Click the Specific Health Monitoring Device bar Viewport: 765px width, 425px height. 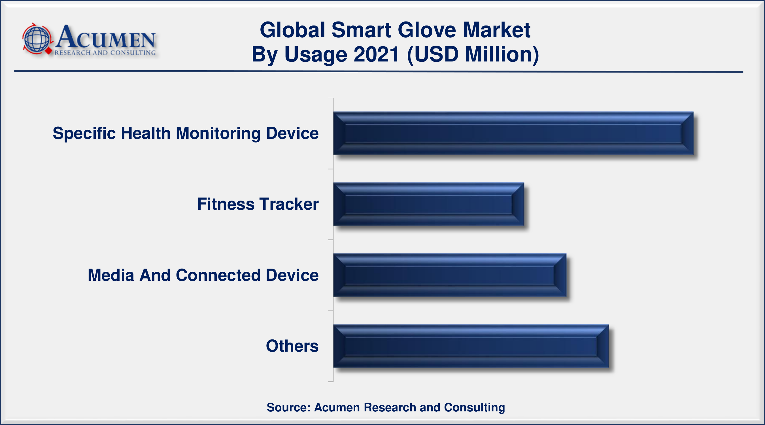pyautogui.click(x=513, y=133)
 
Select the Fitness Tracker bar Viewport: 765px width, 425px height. pyautogui.click(x=428, y=204)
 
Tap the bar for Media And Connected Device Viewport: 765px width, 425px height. pyautogui.click(x=450, y=275)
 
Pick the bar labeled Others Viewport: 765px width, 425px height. pyautogui.click(x=471, y=346)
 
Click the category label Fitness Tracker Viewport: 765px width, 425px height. pyautogui.click(x=258, y=204)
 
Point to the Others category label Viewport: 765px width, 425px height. pyautogui.click(x=292, y=346)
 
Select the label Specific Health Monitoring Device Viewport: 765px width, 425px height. pyautogui.click(x=186, y=133)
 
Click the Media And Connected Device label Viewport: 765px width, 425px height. pyautogui.click(x=203, y=275)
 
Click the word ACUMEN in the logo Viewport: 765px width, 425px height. pyautogui.click(x=105, y=37)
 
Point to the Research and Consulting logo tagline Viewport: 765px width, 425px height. pyautogui.click(x=105, y=53)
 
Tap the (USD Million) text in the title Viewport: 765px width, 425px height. pyautogui.click(x=473, y=55)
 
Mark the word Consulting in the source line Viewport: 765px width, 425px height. pyautogui.click(x=474, y=408)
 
